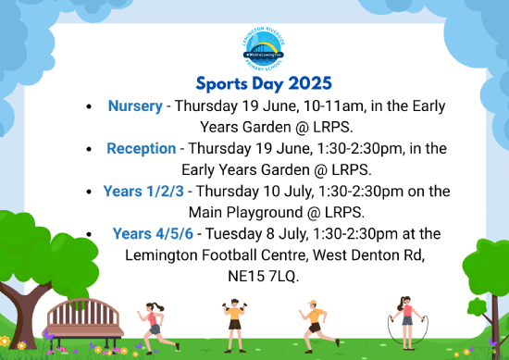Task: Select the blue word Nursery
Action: coord(135,106)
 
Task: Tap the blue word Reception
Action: coord(141,148)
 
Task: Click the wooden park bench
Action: coord(85,318)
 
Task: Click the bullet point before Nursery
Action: coord(88,106)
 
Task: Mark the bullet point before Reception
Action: coord(88,149)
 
